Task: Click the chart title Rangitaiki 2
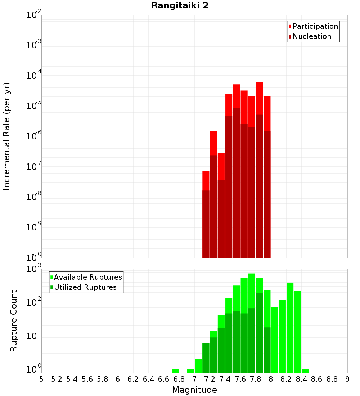[x=180, y=6]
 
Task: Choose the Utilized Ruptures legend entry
[x=85, y=288]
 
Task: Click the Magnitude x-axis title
[x=194, y=390]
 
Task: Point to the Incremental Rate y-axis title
[x=7, y=136]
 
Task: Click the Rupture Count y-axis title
[x=14, y=321]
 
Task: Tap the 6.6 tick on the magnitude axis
[x=164, y=379]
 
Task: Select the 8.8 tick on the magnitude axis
[x=332, y=379]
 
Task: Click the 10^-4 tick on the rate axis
[x=34, y=76]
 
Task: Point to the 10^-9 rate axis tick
[x=34, y=227]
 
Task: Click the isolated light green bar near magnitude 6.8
[x=175, y=371]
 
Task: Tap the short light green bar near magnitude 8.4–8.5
[x=305, y=371]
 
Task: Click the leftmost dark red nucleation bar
[x=206, y=223]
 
